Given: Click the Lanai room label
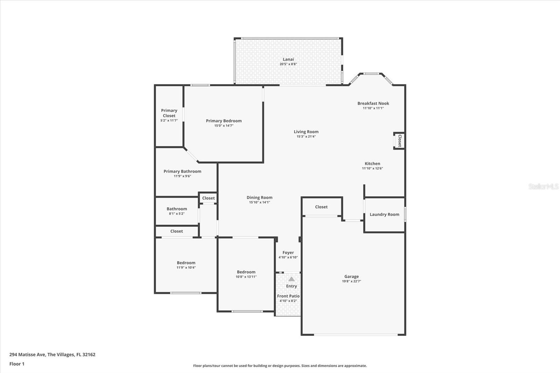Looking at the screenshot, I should click(288, 59).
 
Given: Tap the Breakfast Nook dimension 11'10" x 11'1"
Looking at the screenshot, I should click(373, 108).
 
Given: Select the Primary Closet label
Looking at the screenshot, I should click(169, 113).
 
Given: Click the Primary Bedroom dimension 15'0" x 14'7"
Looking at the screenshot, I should click(224, 126).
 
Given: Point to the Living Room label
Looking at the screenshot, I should click(306, 132).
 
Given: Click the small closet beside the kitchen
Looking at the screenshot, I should click(399, 141).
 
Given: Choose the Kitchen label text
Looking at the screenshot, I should click(372, 163).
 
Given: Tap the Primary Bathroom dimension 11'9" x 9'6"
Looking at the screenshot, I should click(182, 176).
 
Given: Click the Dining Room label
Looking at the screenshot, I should click(259, 197).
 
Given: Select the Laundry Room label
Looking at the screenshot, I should click(384, 214).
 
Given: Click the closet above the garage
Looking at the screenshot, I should click(321, 207).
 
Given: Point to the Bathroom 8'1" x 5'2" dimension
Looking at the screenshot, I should click(177, 213).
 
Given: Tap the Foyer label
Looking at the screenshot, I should click(288, 252).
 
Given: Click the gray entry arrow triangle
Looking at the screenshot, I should click(292, 279).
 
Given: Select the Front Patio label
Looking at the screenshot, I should click(288, 296).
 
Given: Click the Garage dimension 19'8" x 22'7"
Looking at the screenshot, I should click(351, 281).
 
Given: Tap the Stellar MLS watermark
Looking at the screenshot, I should click(543, 186).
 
